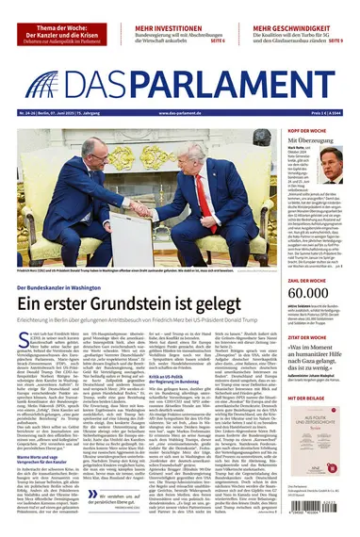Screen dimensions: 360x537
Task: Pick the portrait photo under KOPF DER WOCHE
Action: point(331,166)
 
